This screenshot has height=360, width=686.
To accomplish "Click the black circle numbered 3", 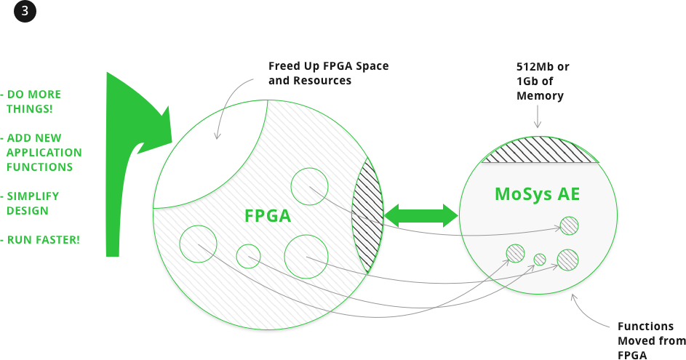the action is (x=25, y=11).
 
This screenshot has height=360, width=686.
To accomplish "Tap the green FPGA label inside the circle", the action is (x=267, y=216).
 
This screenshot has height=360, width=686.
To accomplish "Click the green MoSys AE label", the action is (x=538, y=193).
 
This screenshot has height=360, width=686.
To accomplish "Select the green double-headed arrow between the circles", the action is (x=421, y=216).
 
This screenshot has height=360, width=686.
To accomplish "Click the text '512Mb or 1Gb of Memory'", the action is (x=543, y=81).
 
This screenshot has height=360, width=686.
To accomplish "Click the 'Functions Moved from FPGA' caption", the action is (x=652, y=341).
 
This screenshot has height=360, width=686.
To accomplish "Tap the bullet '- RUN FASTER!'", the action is (x=40, y=240).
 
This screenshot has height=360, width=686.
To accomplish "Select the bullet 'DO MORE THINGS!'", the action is (x=31, y=102).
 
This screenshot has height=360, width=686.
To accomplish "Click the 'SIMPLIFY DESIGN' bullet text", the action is (x=31, y=204).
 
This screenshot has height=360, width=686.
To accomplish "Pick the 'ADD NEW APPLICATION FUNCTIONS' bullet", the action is (x=41, y=152).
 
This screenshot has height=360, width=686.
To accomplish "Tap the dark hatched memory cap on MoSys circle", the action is (x=540, y=150).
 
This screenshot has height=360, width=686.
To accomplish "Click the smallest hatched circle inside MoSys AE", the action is (x=540, y=260).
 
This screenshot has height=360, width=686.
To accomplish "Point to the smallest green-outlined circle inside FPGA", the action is (x=249, y=256).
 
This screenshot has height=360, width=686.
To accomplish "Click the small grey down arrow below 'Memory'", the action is (x=538, y=116).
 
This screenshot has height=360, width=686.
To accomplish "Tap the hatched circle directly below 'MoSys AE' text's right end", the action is (x=569, y=225).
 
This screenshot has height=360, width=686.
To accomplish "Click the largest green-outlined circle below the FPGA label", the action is (x=306, y=256).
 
